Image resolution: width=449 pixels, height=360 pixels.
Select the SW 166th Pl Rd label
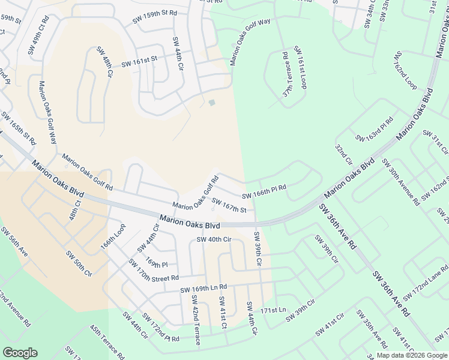264,192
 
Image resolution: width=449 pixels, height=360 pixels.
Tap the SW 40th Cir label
214,240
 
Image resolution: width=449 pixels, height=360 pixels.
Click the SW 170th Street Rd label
153,271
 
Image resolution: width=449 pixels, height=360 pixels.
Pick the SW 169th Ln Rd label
203,289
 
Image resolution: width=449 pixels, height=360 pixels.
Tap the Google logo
20,353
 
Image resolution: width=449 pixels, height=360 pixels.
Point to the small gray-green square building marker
211,103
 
